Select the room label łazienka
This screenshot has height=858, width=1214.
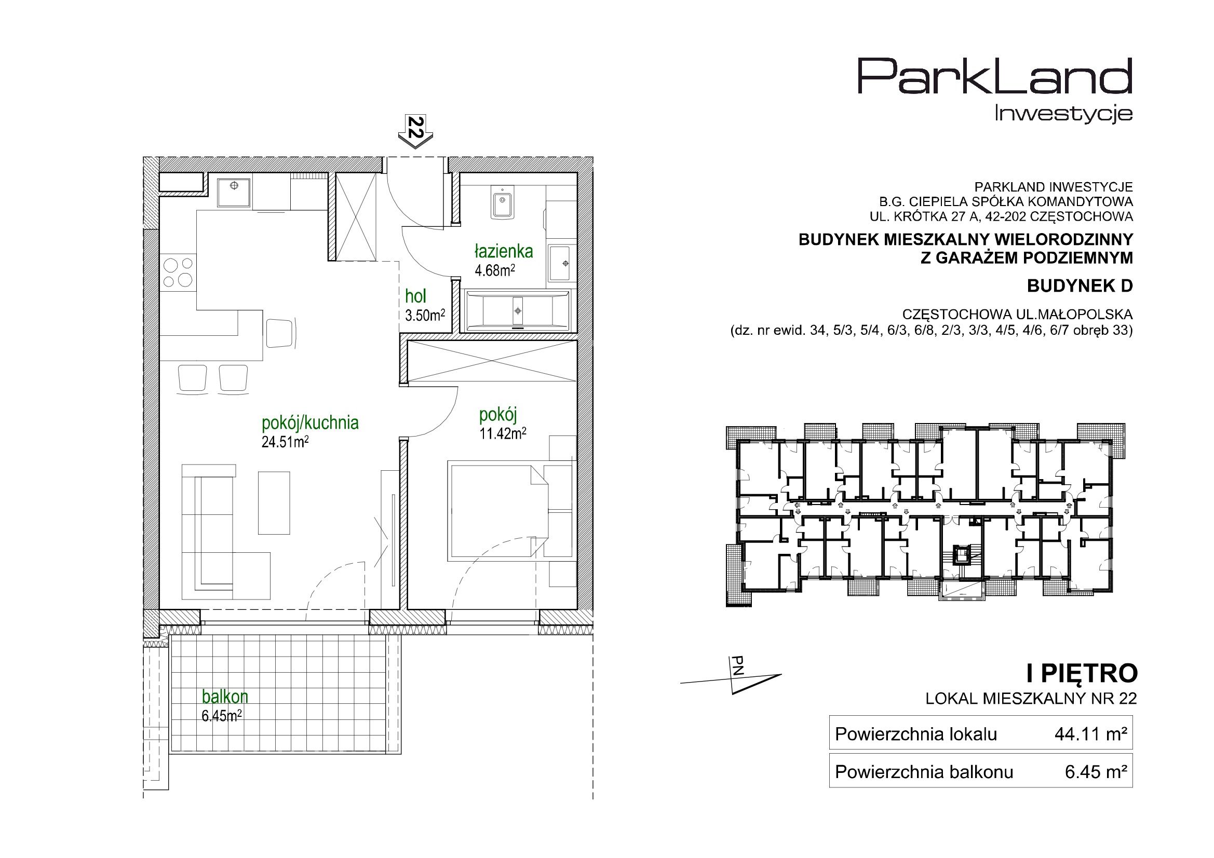pos(503,251)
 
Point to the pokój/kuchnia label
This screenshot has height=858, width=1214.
pos(311,423)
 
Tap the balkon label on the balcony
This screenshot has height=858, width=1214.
pos(225,696)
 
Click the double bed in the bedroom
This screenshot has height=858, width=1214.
pos(498,510)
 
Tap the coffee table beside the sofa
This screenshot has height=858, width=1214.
pos(274,503)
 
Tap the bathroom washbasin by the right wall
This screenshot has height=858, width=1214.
pos(559,263)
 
